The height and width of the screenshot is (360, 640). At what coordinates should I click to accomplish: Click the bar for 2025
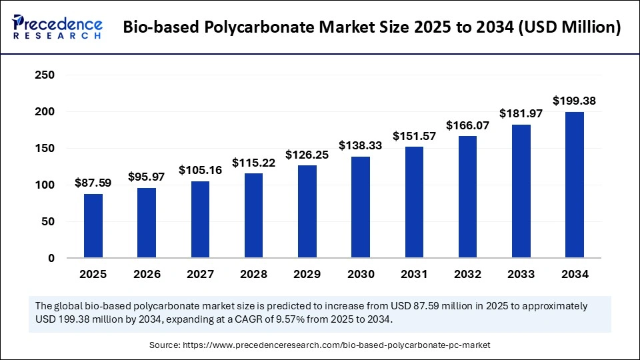pyautogui.click(x=93, y=225)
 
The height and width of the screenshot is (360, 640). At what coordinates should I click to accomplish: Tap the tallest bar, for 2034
pyautogui.click(x=575, y=185)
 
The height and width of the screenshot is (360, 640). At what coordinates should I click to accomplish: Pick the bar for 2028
pyautogui.click(x=254, y=215)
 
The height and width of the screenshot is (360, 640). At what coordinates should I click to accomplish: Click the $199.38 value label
pyautogui.click(x=575, y=101)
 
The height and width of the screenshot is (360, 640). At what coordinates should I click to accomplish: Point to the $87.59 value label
pyautogui.click(x=93, y=183)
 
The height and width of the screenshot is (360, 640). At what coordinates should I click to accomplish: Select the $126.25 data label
pyautogui.click(x=307, y=155)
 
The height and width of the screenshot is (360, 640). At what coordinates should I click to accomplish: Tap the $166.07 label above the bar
pyautogui.click(x=467, y=125)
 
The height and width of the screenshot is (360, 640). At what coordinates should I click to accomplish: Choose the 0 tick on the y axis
pyautogui.click(x=50, y=258)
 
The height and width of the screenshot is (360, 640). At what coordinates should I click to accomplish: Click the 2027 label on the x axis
pyautogui.click(x=200, y=274)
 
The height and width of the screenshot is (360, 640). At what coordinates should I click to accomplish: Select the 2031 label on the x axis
pyautogui.click(x=414, y=274)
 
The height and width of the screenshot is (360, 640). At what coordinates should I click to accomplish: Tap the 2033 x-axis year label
pyautogui.click(x=521, y=274)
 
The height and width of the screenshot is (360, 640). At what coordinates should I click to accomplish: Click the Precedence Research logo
pyautogui.click(x=57, y=27)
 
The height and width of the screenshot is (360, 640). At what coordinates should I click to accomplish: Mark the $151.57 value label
pyautogui.click(x=414, y=136)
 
